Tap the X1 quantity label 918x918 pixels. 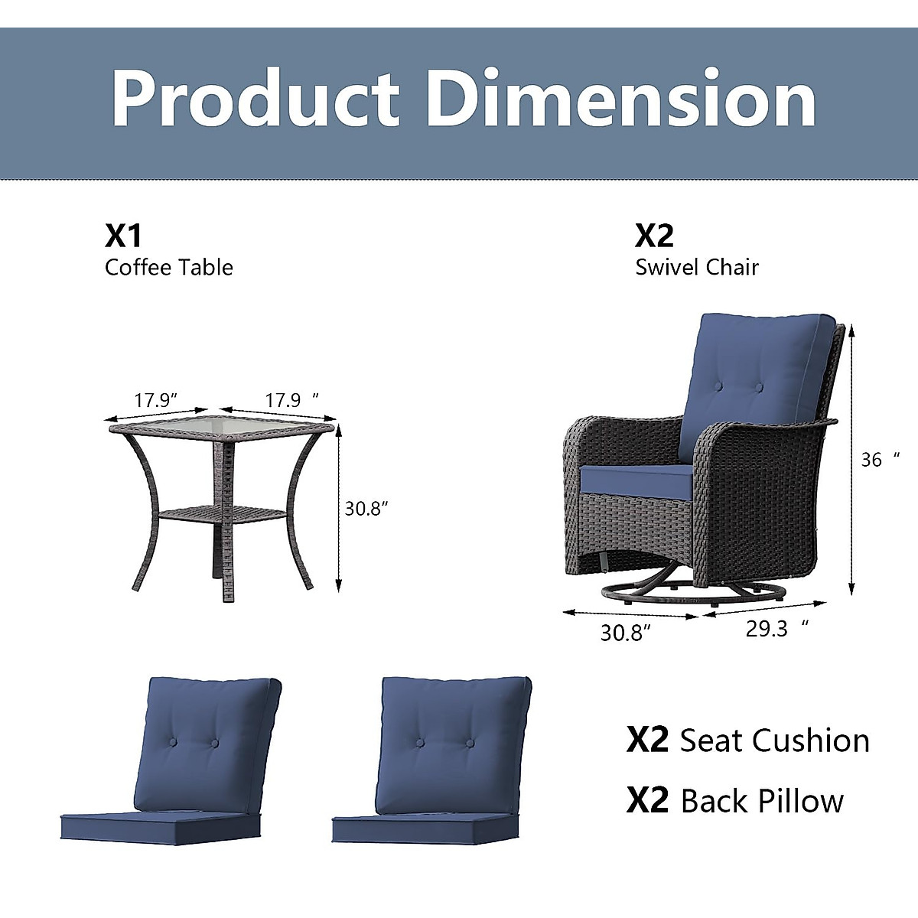click(123, 236)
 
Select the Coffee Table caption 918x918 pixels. click(168, 267)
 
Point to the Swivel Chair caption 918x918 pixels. click(697, 267)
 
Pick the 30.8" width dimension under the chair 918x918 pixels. click(625, 633)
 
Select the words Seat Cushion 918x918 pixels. click(774, 741)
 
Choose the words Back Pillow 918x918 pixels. click(762, 801)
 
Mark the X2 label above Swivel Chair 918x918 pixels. click(654, 236)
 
